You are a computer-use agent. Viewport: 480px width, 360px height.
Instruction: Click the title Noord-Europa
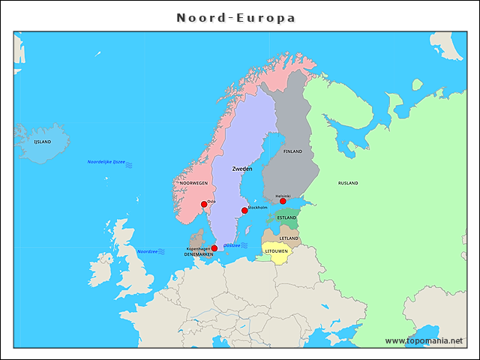[x=236, y=17]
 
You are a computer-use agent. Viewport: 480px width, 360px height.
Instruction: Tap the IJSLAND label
[x=43, y=141]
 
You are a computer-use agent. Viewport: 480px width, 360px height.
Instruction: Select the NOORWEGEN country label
[x=193, y=183]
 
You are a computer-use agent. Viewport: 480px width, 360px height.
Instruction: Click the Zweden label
[x=242, y=169]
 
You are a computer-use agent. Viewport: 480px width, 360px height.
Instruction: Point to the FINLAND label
[x=292, y=152]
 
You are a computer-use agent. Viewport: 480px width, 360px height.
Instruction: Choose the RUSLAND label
[x=348, y=183]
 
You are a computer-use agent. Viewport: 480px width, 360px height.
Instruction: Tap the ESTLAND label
[x=286, y=218]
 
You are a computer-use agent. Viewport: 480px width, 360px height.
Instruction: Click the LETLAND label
[x=289, y=238]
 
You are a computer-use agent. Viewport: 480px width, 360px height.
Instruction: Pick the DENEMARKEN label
[x=199, y=254]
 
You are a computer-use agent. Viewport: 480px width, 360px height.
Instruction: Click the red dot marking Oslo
[x=204, y=204]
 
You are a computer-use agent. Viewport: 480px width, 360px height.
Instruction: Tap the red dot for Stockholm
[x=244, y=211]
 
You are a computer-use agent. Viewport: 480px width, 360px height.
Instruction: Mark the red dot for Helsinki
[x=283, y=201]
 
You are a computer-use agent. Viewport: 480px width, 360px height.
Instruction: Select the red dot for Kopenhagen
[x=214, y=248]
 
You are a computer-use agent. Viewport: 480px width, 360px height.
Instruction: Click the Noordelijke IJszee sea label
[x=106, y=162]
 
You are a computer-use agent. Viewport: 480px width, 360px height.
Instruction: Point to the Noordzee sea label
[x=147, y=252]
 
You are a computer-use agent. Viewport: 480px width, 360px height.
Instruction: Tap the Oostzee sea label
[x=232, y=245]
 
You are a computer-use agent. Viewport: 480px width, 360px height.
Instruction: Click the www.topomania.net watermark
[x=424, y=340]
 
